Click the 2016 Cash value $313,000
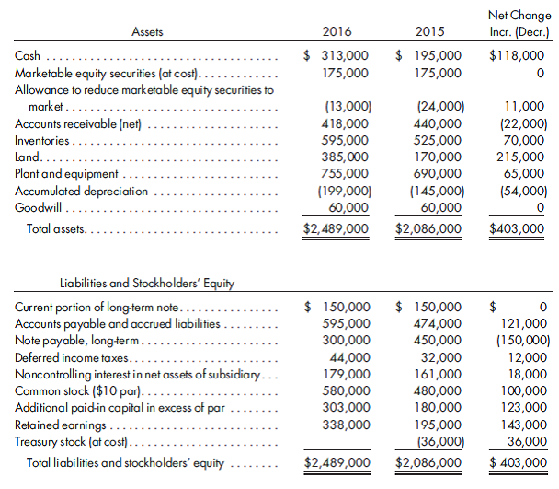(x=337, y=56)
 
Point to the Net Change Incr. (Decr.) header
(x=520, y=24)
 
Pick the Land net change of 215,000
(x=524, y=157)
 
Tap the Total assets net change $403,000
(x=519, y=227)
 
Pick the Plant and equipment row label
(x=67, y=173)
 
